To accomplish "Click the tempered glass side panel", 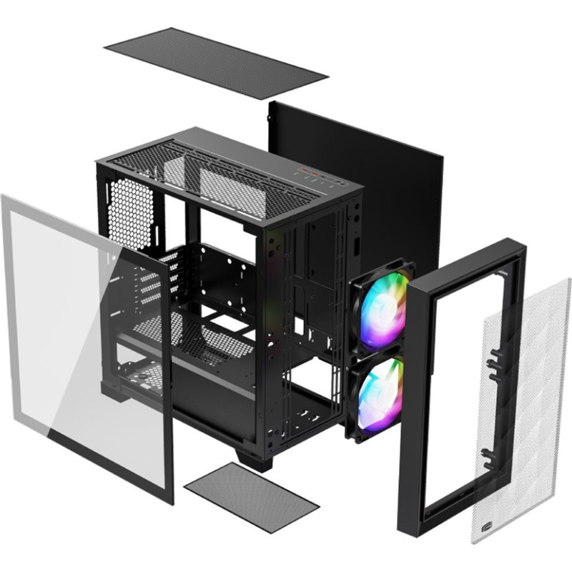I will (x=79, y=343).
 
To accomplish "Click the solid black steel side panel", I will (x=386, y=179).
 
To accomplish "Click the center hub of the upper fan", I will (x=383, y=310).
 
